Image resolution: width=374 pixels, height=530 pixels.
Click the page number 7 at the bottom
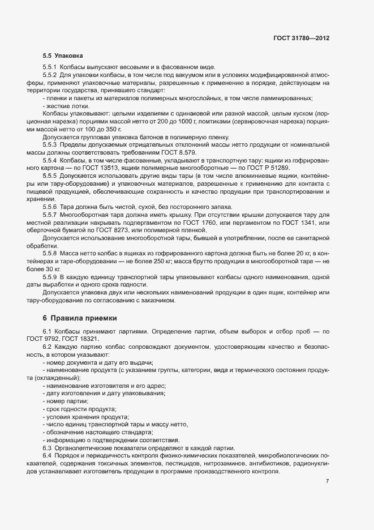tap(328, 481)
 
